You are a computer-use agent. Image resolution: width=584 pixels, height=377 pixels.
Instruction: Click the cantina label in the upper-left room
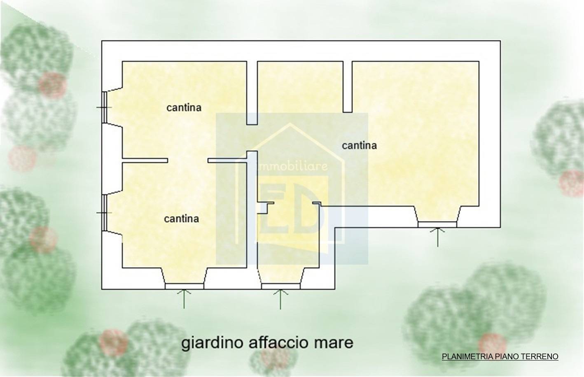pyautogui.click(x=184, y=108)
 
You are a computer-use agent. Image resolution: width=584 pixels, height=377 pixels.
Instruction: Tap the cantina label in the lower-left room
pyautogui.click(x=181, y=219)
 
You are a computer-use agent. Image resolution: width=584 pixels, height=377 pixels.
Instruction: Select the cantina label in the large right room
pyautogui.click(x=359, y=145)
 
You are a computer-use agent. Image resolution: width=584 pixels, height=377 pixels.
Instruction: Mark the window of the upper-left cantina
pyautogui.click(x=105, y=107)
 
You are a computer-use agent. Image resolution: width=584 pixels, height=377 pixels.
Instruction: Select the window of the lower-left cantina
pyautogui.click(x=105, y=213)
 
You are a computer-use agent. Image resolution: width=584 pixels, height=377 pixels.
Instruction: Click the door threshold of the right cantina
pyautogui.click(x=437, y=224)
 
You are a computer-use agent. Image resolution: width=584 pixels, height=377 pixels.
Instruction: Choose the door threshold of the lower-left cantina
pyautogui.click(x=184, y=286)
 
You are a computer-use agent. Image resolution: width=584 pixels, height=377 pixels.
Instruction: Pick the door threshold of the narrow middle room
pyautogui.click(x=280, y=286)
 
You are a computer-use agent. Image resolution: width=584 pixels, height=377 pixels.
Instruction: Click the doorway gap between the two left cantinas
pyautogui.click(x=187, y=161)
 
